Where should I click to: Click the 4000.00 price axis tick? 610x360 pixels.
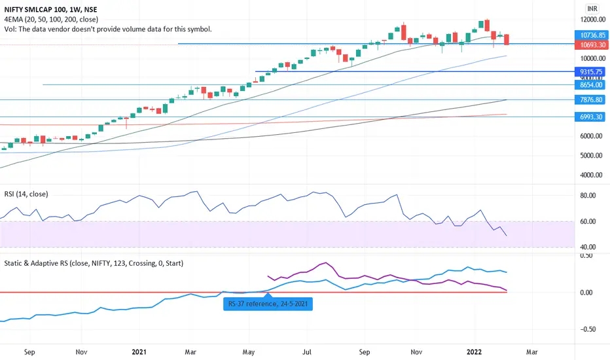click(x=586, y=175)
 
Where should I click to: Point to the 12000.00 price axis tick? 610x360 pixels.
click(x=586, y=19)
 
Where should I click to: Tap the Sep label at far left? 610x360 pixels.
click(x=29, y=351)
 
